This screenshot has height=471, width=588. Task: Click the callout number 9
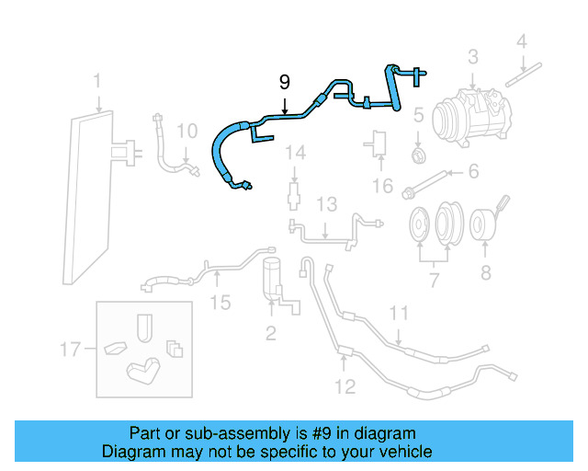coord(285,83)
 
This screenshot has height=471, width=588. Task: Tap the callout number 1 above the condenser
coord(97,85)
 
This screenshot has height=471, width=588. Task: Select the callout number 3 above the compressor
coord(472,57)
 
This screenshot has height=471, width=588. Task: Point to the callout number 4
coord(521,41)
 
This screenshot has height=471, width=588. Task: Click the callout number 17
coord(71,349)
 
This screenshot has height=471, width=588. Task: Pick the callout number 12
coord(345,386)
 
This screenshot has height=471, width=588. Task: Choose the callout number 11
coord(398,314)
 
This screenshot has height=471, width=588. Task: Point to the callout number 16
coord(382,187)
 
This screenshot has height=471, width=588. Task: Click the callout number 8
coord(485,272)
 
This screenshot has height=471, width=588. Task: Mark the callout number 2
coord(271,332)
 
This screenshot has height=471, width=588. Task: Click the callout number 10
coord(187,132)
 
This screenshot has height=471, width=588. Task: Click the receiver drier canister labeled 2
coord(271,277)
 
